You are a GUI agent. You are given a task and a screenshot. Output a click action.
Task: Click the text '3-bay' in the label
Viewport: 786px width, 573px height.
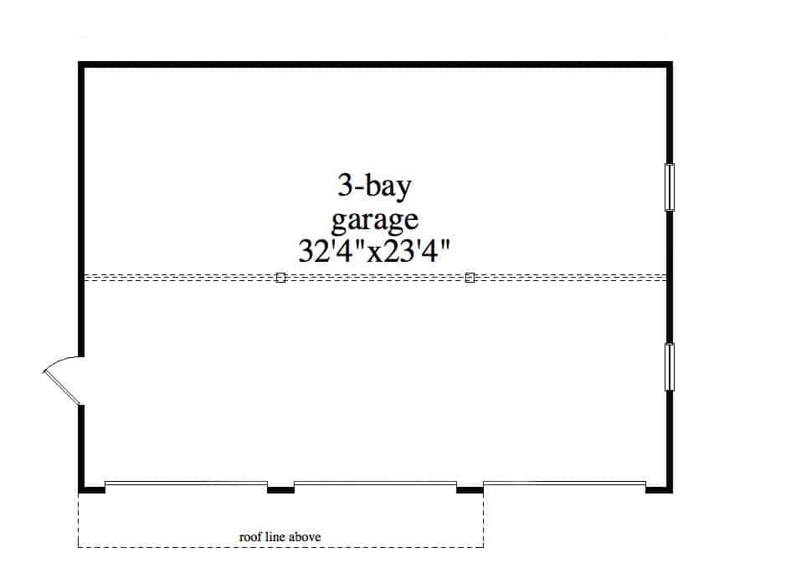coord(374,187)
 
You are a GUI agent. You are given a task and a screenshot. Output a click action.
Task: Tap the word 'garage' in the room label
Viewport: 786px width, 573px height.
coord(374,220)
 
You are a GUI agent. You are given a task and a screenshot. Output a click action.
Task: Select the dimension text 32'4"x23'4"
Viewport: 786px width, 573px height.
coord(374,251)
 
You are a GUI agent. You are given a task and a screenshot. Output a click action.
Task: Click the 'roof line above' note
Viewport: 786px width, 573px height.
coord(280,537)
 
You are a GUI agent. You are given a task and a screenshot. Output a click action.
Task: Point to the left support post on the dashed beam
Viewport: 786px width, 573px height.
coord(280,278)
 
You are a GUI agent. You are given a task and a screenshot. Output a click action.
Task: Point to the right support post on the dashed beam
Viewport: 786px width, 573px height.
coord(470,278)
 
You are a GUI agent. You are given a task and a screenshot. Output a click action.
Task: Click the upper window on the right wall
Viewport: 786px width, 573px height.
coord(669,187)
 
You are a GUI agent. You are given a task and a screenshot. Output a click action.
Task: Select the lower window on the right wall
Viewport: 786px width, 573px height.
coord(669,367)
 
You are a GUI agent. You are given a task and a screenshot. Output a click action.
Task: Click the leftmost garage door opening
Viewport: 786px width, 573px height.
coord(186,483)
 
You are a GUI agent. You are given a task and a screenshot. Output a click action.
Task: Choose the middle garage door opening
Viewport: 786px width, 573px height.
coord(375,483)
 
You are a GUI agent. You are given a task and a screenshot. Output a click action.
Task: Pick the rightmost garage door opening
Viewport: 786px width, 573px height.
coord(564,483)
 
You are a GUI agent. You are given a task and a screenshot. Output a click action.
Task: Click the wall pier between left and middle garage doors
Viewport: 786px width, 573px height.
coord(280,489)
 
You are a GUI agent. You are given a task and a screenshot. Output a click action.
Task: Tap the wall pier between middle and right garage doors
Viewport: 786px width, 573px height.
coord(470,489)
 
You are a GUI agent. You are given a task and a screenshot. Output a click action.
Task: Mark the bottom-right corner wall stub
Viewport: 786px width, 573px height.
coord(659,489)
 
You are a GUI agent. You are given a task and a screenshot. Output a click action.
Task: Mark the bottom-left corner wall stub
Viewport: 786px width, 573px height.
coord(92,489)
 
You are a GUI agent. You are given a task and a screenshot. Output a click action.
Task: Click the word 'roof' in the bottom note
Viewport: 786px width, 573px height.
coord(249,537)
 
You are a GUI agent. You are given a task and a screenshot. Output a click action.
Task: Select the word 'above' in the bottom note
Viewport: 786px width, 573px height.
coord(306,537)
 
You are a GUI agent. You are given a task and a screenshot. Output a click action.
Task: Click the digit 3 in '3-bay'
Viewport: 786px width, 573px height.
coord(345,186)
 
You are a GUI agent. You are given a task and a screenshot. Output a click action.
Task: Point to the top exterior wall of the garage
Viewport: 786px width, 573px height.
coord(376,64)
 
